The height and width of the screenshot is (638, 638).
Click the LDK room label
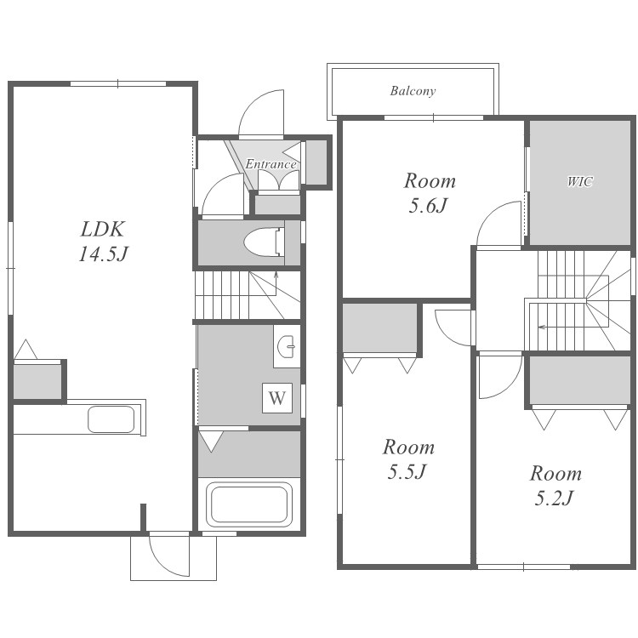pos(102,229)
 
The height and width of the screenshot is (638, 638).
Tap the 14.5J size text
pos(103,254)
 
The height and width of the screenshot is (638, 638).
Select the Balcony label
pos(413,91)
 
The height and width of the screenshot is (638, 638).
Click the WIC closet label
pos(580,181)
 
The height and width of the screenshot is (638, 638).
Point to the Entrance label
pos(271,164)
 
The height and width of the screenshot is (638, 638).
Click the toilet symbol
pos(265,243)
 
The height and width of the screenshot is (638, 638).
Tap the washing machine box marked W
pos(277,398)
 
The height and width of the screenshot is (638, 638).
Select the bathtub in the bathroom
pos(249,504)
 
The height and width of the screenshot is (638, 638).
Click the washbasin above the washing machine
pos(287,347)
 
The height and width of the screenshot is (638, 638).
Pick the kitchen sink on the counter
pos(111,419)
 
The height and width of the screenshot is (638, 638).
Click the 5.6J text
pos(429,206)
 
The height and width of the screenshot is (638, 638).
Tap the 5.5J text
pos(407,472)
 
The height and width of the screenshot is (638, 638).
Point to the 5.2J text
pos(554,498)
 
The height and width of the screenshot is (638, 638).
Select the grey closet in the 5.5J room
pos(379,328)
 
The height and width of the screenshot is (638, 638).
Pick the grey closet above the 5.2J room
pos(580,380)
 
